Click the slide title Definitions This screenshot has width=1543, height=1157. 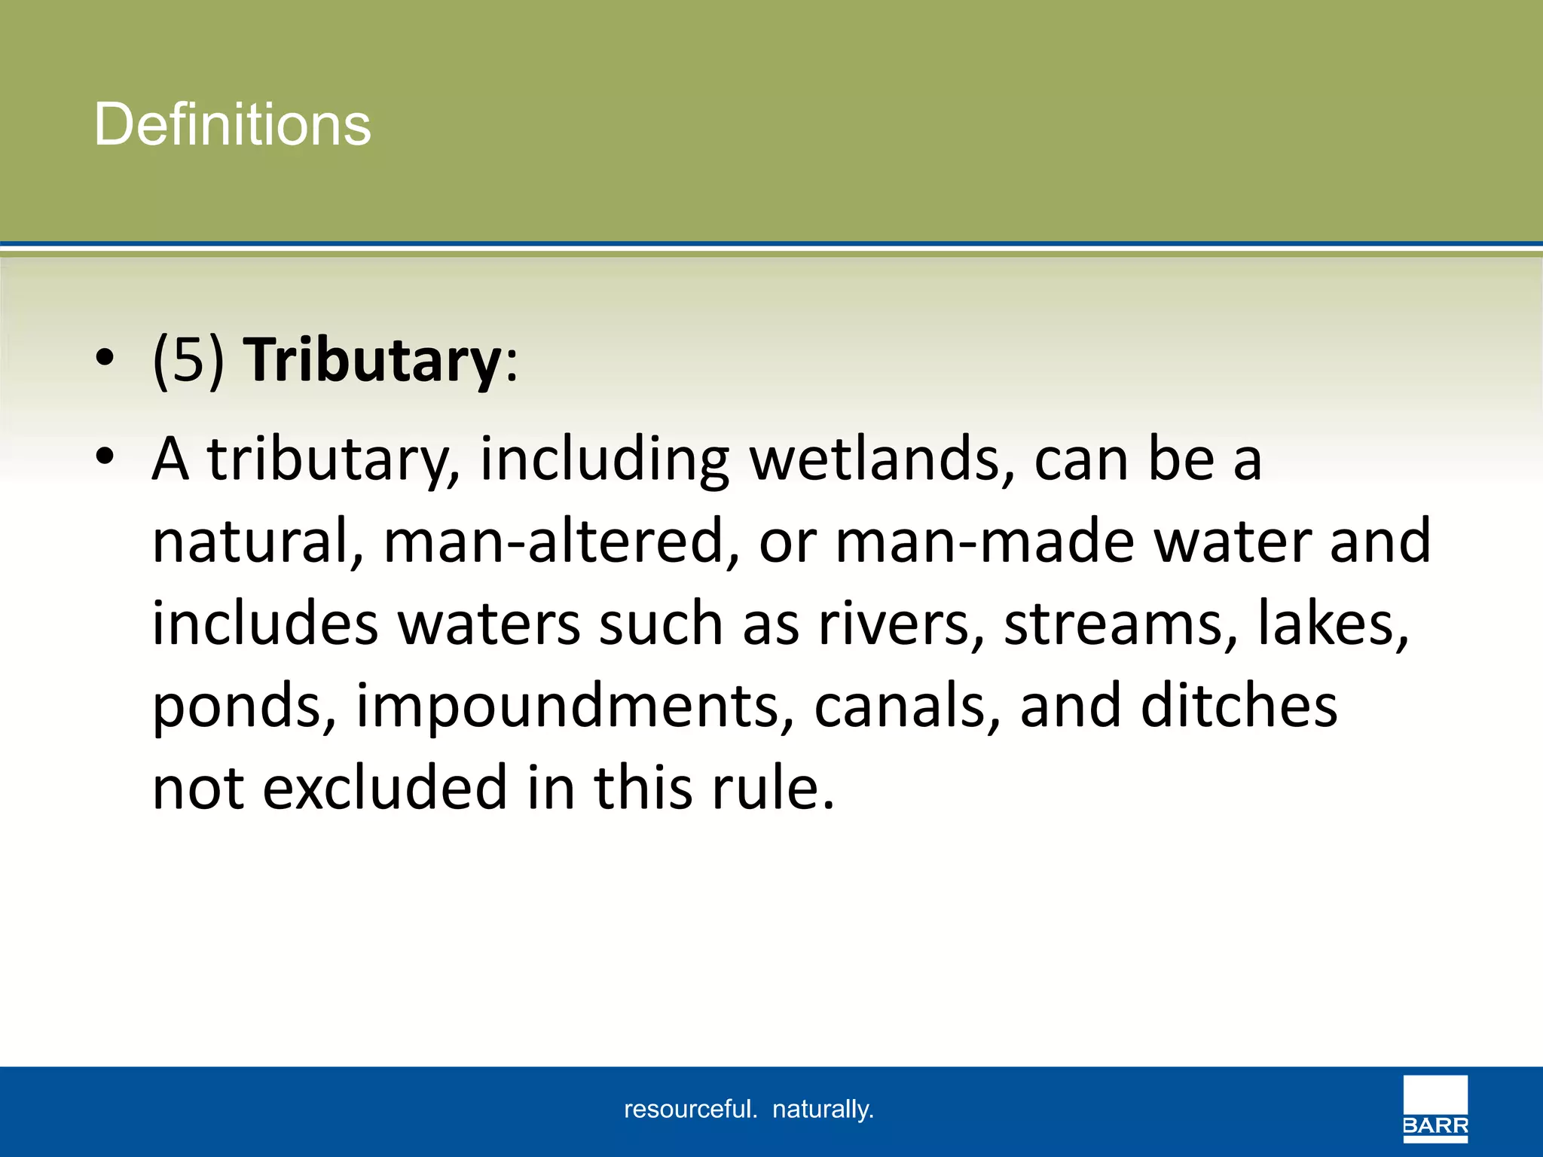(x=232, y=124)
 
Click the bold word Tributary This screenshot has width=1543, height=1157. (x=372, y=360)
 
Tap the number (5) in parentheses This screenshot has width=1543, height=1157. (x=188, y=360)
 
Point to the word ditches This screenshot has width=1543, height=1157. (x=1239, y=707)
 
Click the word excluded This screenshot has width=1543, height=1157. (x=384, y=789)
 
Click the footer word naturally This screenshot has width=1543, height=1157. (x=823, y=1110)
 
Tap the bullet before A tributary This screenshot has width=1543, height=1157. (x=105, y=456)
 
